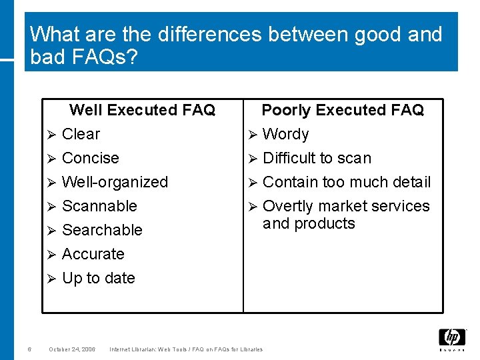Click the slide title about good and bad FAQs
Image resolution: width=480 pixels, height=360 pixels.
tap(236, 45)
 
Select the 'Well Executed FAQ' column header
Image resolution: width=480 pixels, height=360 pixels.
tap(142, 110)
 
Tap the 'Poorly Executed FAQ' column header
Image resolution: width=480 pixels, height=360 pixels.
tap(343, 110)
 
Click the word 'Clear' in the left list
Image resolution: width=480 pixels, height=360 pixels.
tap(81, 134)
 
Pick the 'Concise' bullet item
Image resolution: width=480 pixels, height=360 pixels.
tap(90, 158)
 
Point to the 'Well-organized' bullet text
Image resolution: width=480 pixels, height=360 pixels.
tap(115, 182)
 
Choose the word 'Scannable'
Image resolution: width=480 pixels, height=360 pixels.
tap(99, 206)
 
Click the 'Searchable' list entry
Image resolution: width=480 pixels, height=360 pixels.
tap(102, 230)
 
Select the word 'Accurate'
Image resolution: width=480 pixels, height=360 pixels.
tap(93, 254)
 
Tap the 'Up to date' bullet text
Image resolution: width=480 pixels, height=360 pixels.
tap(98, 278)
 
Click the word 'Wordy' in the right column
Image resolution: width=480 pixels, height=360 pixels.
tap(286, 134)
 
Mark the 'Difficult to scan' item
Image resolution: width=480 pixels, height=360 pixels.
tap(317, 158)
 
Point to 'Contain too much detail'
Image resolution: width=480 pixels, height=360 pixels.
tap(347, 182)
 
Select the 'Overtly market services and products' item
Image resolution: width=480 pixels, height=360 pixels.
tap(346, 215)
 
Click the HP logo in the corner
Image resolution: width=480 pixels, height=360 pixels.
tap(452, 338)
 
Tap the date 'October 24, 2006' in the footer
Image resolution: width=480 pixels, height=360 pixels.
tap(72, 349)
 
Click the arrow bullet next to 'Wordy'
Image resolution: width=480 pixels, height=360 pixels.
tap(252, 135)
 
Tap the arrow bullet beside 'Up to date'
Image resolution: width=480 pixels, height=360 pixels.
tap(51, 279)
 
